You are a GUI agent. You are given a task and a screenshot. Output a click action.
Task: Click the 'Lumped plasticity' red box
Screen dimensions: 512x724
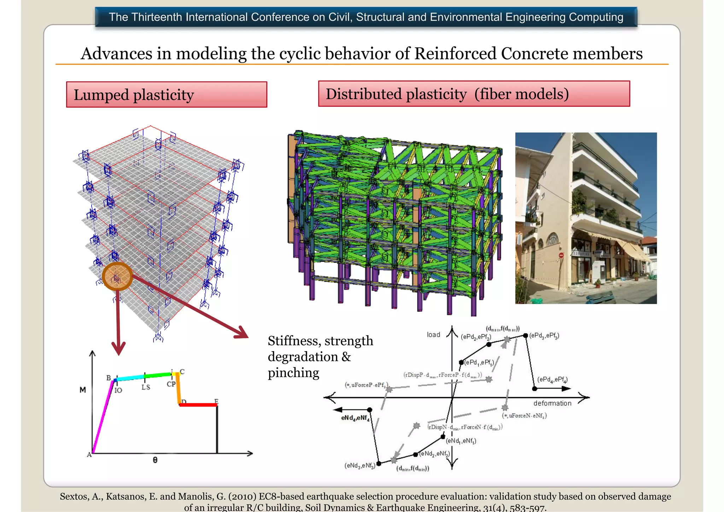click(167, 94)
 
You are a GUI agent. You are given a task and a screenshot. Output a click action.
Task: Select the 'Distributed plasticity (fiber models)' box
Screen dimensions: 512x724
click(474, 94)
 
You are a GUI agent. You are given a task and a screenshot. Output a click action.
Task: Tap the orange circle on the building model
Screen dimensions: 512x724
click(117, 277)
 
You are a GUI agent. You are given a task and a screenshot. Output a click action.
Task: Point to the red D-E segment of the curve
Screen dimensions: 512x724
click(198, 405)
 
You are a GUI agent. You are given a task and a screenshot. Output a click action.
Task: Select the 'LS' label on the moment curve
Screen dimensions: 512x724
click(146, 387)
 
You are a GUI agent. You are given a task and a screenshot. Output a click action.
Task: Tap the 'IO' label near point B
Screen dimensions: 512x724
click(118, 390)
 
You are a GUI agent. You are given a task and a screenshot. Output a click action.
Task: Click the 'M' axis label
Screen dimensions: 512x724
click(83, 390)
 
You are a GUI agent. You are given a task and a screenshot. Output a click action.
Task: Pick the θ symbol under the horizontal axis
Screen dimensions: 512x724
click(155, 460)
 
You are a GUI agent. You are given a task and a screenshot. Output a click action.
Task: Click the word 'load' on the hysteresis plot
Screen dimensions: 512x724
click(433, 334)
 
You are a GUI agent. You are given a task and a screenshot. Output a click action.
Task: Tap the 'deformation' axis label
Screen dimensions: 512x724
click(552, 403)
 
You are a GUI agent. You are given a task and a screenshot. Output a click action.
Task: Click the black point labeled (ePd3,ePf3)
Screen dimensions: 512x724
click(526, 335)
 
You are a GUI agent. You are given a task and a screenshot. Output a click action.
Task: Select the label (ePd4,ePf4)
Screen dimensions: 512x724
click(552, 379)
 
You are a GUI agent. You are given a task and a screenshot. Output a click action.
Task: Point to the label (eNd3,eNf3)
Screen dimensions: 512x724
click(360, 465)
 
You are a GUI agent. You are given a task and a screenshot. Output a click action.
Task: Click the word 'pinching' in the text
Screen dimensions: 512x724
click(293, 373)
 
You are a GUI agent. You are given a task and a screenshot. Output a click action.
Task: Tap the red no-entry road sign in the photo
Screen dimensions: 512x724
click(561, 255)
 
